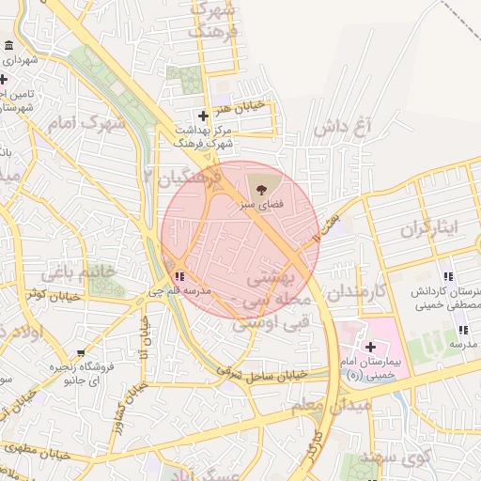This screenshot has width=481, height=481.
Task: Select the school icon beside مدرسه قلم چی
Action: click(178, 276)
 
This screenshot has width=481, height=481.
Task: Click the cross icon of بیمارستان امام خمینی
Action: click(369, 347)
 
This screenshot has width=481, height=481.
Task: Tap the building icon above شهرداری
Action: click(8, 46)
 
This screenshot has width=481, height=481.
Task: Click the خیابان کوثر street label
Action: click(50, 295)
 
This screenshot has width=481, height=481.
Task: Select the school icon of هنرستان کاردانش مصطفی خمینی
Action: click(448, 276)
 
